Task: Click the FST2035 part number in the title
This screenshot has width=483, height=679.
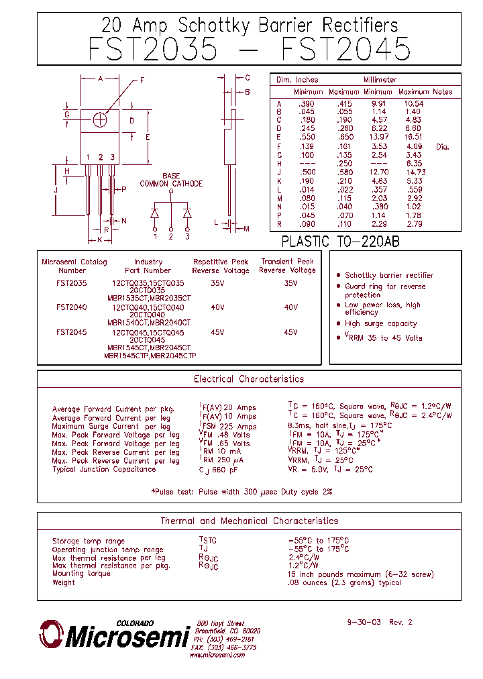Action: (153, 50)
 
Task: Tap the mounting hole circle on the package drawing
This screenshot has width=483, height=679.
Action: (101, 119)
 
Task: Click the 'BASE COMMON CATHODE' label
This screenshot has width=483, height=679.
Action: (171, 180)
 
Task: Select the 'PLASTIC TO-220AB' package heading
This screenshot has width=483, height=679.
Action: (340, 242)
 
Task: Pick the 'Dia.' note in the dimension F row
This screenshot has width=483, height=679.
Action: (442, 146)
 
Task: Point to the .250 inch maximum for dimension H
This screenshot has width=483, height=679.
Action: (345, 163)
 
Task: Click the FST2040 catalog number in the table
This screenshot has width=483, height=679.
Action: (71, 307)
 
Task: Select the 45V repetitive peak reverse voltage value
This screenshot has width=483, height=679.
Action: (217, 332)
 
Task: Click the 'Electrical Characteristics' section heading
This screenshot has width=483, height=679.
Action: (249, 379)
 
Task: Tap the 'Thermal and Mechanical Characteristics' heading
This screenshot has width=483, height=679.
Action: (249, 521)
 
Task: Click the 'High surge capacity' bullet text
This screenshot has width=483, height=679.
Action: (380, 323)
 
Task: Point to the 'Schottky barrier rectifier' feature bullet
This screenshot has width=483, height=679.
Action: (389, 275)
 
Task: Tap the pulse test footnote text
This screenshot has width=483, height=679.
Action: (241, 492)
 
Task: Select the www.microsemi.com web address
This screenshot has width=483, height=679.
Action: (217, 655)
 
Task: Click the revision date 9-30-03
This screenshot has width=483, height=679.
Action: (364, 622)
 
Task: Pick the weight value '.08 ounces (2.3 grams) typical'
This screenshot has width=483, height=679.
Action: (344, 582)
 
